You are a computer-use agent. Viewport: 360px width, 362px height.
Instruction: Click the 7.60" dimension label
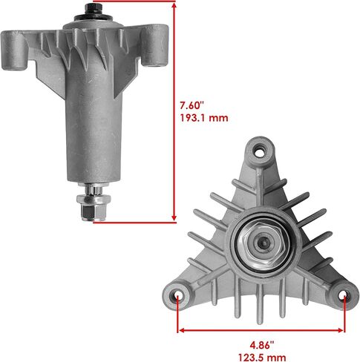pos(192,106)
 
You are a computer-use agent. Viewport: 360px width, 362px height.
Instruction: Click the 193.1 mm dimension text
pos(204,118)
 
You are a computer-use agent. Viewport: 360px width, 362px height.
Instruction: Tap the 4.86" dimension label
pos(262,345)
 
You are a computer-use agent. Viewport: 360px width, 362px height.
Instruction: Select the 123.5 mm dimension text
pos(262,358)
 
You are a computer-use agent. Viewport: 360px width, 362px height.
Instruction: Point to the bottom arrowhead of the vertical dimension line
pos(174,217)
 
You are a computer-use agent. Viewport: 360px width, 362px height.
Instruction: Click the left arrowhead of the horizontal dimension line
pos(182,330)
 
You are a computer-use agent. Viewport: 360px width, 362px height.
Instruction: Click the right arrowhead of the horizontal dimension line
pos(341,330)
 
